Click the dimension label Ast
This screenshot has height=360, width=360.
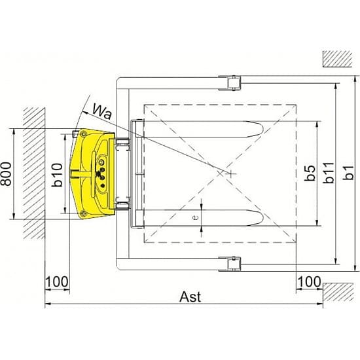(x=190, y=297)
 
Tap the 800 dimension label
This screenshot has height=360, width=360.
(x=6, y=174)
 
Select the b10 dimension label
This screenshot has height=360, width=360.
(x=57, y=175)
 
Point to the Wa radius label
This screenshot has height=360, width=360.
(x=102, y=111)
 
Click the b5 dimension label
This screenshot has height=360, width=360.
(x=310, y=173)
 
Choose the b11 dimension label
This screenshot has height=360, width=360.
(x=329, y=173)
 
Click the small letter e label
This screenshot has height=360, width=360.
(x=195, y=217)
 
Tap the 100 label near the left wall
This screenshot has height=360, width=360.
(x=57, y=281)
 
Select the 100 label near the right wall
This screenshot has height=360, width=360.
(x=309, y=281)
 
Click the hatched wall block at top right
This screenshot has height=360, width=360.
(x=337, y=59)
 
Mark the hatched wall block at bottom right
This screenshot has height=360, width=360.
(x=338, y=292)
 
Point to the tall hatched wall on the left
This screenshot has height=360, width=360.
(x=34, y=173)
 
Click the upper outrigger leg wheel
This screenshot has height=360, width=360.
(x=234, y=83)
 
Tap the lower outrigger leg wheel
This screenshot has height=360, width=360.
(x=234, y=264)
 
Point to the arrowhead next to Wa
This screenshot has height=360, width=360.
(x=85, y=113)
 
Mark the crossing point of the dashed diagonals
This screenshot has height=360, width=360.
(x=220, y=173)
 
